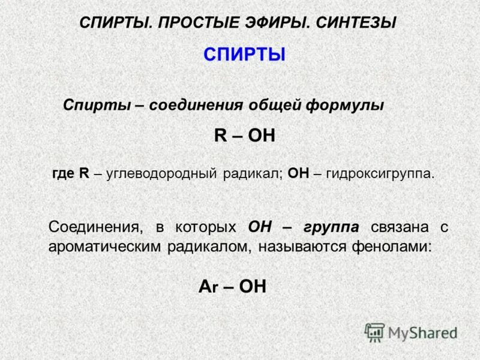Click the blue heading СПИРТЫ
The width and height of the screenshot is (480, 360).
[244, 55]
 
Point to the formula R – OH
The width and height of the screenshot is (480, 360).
[244, 136]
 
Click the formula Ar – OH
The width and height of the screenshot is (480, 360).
[232, 286]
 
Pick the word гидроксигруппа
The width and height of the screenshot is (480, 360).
[380, 174]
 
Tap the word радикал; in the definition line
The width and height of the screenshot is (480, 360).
[253, 174]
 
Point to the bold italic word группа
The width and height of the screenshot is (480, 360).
[331, 227]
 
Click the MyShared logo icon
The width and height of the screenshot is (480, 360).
[375, 332]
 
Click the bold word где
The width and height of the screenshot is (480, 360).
[63, 174]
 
